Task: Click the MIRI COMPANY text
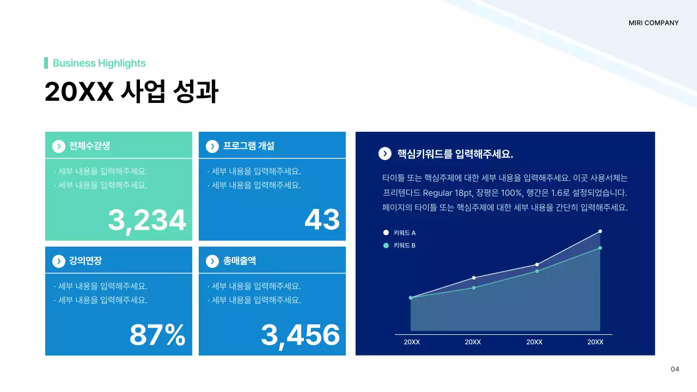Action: [x=653, y=23]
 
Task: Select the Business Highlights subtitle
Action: [x=99, y=63]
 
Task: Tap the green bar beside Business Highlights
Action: [x=46, y=63]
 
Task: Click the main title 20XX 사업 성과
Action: [x=131, y=92]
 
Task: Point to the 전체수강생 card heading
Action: [x=89, y=146]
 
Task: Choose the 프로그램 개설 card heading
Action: [x=248, y=146]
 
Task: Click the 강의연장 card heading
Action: [x=85, y=261]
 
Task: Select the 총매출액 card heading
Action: [x=240, y=261]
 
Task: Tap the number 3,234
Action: [x=147, y=220]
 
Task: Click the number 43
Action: [x=322, y=220]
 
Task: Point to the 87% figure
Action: [x=157, y=335]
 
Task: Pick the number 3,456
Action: [x=300, y=335]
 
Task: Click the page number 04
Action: [x=675, y=370]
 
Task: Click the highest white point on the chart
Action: [x=600, y=231]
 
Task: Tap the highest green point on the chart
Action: [x=600, y=248]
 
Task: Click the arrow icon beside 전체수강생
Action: [x=58, y=146]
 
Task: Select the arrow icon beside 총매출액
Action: [x=212, y=261]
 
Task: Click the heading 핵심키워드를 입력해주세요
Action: [x=455, y=154]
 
